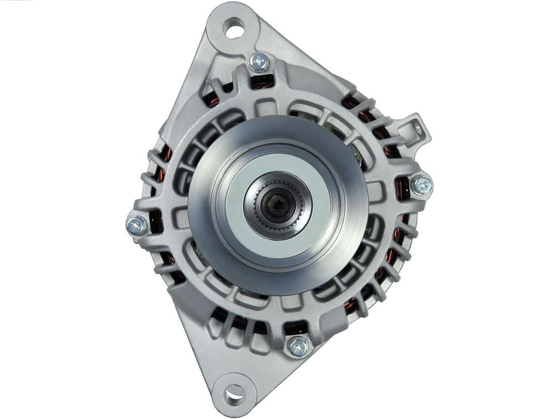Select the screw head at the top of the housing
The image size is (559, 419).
259,63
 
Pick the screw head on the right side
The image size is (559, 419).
421,185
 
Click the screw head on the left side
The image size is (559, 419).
137,225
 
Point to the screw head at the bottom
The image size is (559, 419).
298,346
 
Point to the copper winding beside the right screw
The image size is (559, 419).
402,189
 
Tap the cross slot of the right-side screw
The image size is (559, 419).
421,185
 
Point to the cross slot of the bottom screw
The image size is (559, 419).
298,346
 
